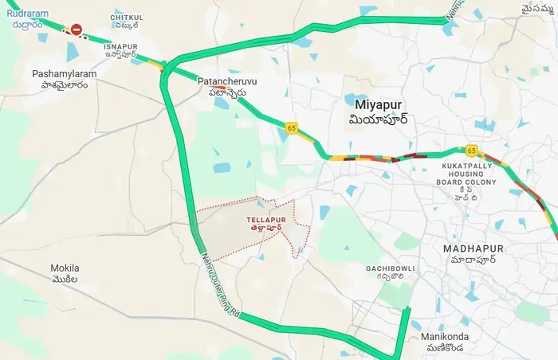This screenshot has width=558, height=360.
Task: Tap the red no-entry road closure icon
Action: tap(77, 30)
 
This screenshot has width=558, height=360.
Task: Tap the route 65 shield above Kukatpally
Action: tap(472, 150)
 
